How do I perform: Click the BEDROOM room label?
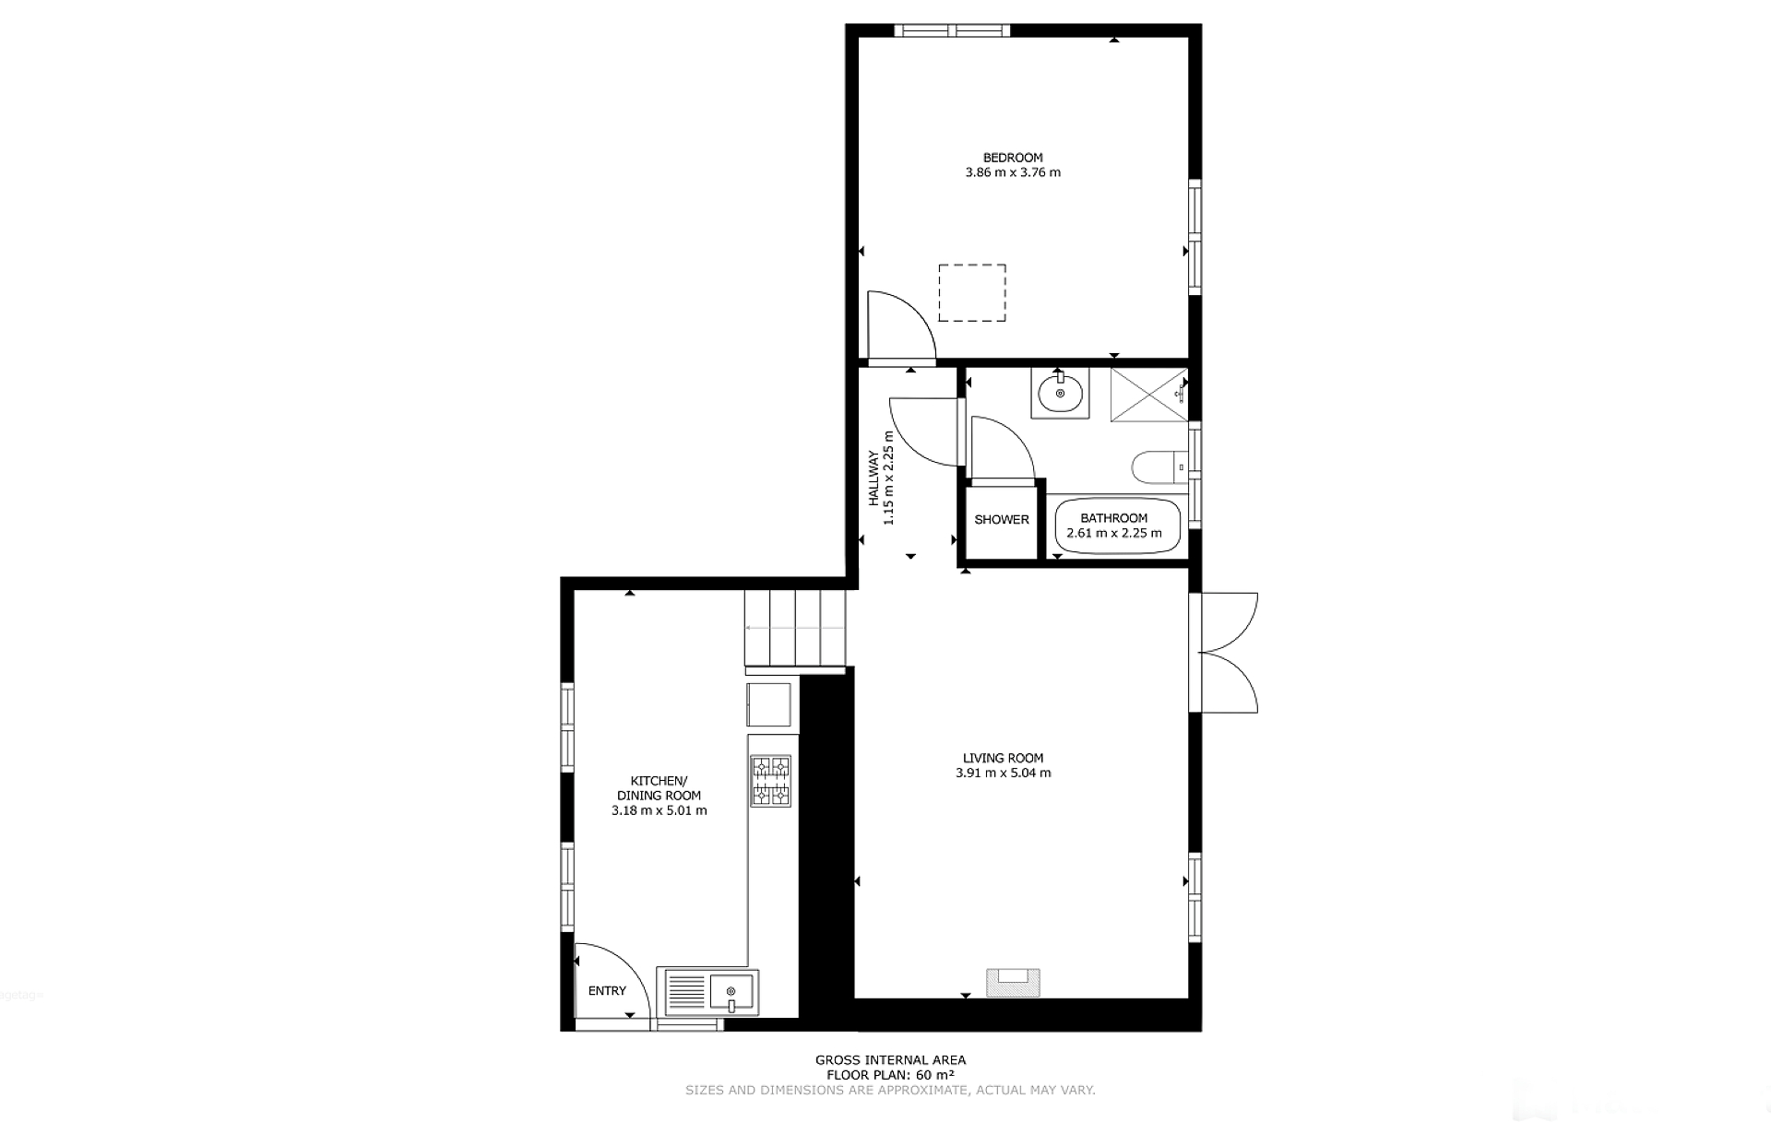1013,158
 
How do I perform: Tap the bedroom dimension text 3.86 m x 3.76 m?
1013,172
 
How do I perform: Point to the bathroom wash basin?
1060,394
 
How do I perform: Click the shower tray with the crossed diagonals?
1149,395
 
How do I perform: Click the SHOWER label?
1002,520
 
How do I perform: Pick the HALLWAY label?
873,478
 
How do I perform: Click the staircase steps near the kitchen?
795,628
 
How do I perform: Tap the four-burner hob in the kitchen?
770,781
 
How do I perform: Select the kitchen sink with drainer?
707,991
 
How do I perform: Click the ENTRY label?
607,991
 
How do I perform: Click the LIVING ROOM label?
1004,759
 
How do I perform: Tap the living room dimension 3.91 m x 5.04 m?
1004,774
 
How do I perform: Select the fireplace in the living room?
1014,982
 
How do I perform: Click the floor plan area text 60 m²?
935,1075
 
